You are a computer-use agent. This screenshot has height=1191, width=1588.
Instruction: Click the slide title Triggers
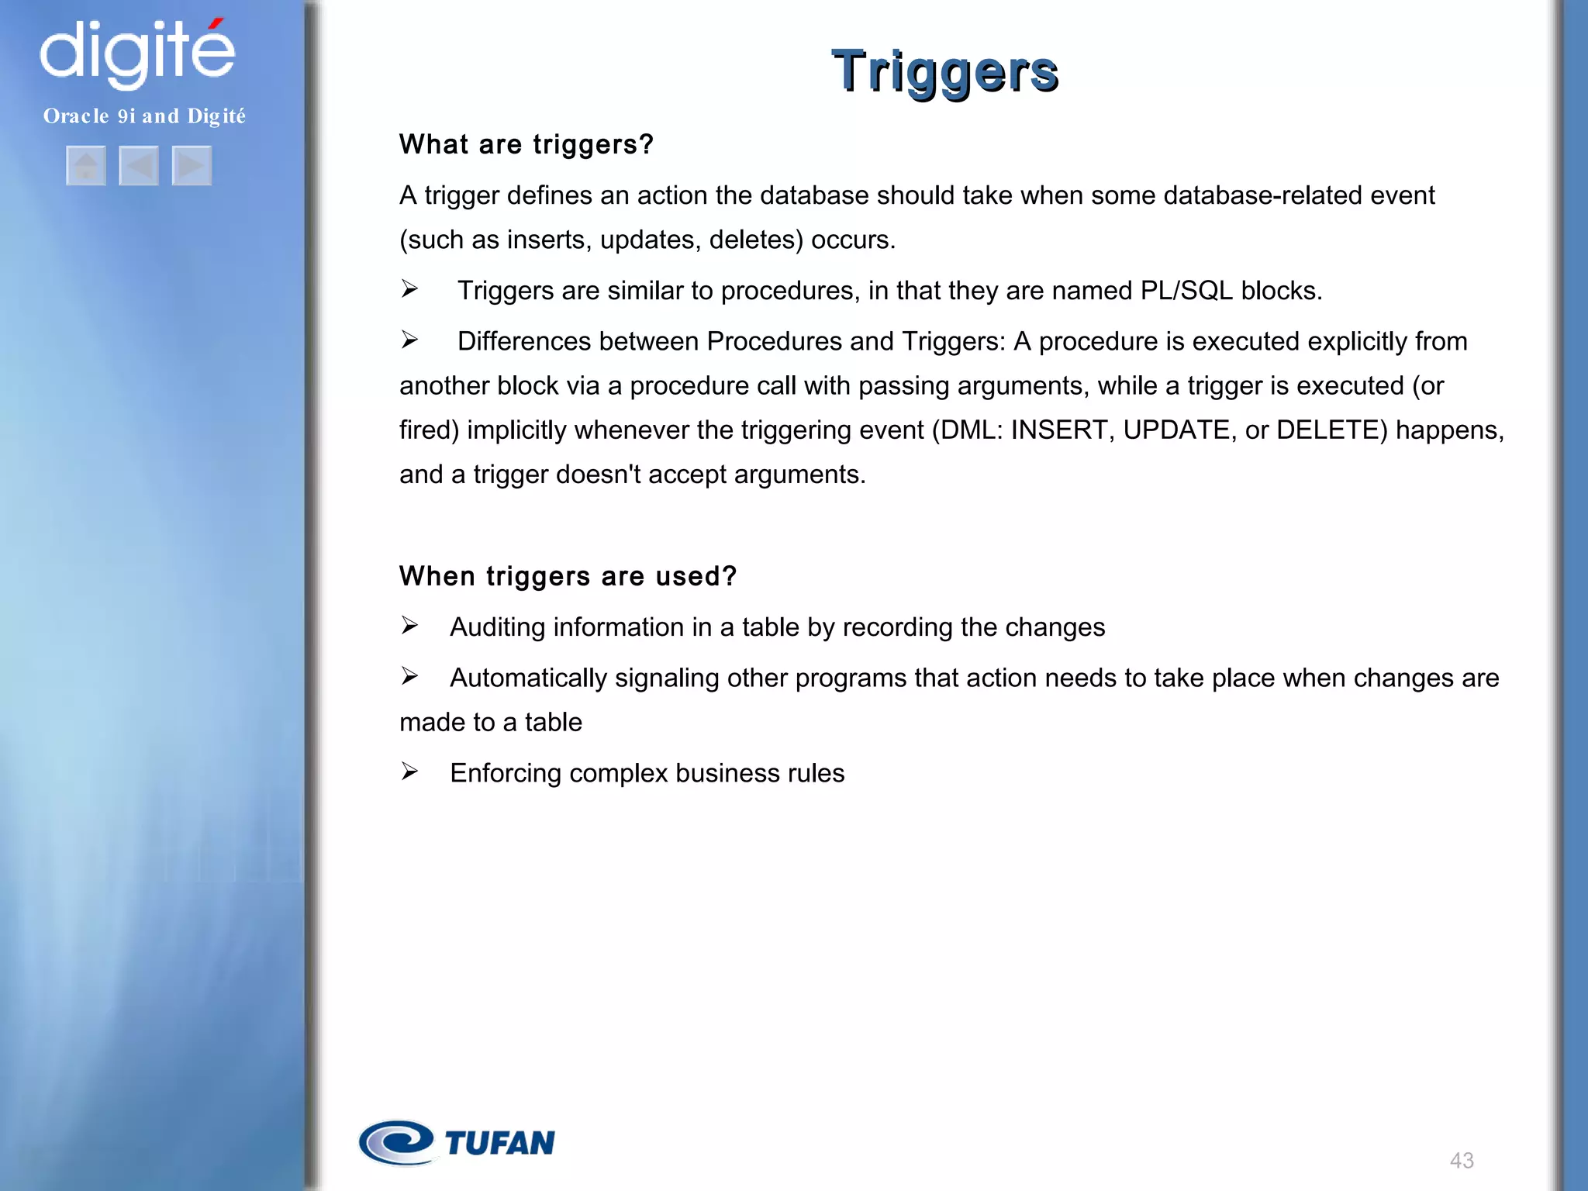point(944,72)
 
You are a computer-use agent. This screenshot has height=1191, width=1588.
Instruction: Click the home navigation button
point(86,165)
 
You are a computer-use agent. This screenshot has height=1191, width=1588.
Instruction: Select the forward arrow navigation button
point(192,165)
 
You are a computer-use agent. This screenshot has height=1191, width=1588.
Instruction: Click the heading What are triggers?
point(526,145)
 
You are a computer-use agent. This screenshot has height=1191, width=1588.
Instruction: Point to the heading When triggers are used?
point(568,577)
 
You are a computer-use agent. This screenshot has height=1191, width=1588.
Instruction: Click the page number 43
point(1461,1160)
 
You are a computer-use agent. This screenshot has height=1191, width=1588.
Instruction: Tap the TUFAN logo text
point(500,1143)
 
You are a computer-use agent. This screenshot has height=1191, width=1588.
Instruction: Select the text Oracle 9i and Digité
point(144,116)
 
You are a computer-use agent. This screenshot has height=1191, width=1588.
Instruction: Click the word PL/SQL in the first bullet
point(1186,291)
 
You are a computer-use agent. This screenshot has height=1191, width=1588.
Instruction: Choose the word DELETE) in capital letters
point(1331,430)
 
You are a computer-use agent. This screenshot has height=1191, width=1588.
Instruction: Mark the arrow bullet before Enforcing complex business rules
point(409,772)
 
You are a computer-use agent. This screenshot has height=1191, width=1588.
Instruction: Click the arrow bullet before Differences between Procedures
point(409,340)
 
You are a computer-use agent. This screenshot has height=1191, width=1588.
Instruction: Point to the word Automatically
point(528,678)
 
